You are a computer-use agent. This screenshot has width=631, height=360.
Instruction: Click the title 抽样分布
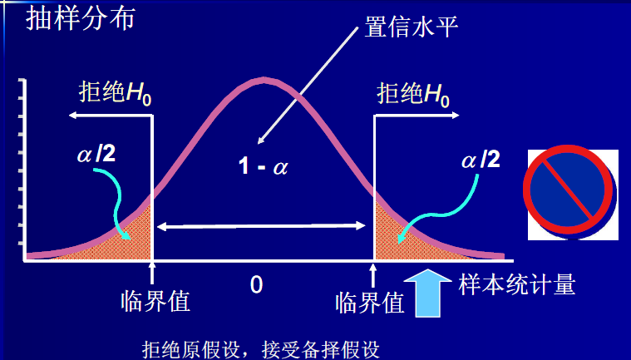click(80, 18)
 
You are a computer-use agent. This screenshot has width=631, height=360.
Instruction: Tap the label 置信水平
click(411, 27)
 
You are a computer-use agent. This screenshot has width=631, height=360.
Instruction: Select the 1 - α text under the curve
click(264, 165)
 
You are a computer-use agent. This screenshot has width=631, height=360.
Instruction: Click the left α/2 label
click(96, 153)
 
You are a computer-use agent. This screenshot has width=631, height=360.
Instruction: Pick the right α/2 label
click(481, 160)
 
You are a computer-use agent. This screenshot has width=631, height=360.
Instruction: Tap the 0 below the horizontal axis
click(256, 284)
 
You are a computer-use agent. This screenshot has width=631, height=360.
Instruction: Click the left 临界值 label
click(155, 301)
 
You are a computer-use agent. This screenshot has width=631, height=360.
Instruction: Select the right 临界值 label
click(370, 303)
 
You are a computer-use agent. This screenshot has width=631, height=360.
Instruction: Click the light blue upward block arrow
click(428, 293)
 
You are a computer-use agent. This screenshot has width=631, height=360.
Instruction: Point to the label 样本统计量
click(517, 285)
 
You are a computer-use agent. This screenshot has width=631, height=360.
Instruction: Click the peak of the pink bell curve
click(264, 80)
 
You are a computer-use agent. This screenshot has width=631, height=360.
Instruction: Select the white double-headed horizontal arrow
click(261, 226)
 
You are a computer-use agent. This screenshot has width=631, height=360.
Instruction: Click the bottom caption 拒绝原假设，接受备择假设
click(261, 350)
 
